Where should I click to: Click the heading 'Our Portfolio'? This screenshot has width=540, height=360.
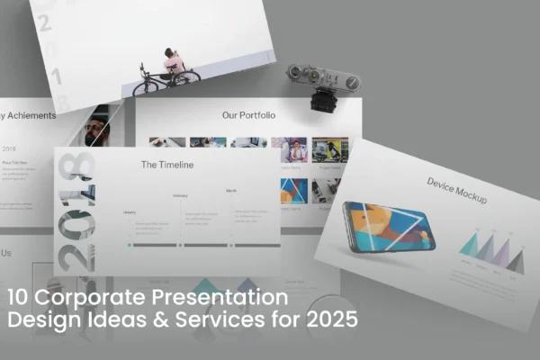248,115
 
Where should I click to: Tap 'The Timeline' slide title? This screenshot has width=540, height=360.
167,165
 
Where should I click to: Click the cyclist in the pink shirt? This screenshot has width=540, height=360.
174,64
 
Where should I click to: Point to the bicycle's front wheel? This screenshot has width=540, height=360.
145,87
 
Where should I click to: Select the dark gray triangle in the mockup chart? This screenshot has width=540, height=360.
516,262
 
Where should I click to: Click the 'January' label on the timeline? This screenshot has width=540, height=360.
129,212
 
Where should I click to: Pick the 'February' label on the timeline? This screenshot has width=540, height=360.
180,195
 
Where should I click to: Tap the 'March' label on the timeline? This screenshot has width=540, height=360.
231,191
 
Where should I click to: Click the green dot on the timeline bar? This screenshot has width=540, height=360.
130,244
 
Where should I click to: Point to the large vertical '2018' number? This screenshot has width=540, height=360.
76,211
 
